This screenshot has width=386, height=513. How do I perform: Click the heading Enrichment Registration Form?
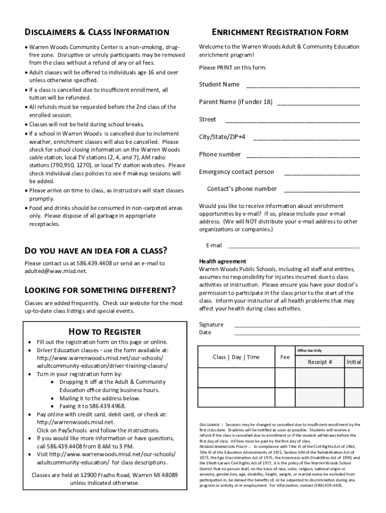tap(279, 33)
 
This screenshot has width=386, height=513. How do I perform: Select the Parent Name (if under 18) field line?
tap(318, 104)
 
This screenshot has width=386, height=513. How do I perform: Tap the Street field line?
tap(293, 121)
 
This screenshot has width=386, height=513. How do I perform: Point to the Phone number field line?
tap(302, 156)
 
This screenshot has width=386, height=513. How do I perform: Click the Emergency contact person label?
tap(236, 172)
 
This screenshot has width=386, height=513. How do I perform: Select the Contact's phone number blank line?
tap(322, 191)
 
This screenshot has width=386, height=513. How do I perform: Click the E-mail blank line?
tap(294, 247)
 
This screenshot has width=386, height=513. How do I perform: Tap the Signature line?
tap(297, 327)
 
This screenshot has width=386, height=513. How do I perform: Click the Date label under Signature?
tap(205, 332)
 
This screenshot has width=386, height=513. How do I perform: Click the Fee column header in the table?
tap(285, 357)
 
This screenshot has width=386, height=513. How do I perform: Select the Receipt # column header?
tap(320, 362)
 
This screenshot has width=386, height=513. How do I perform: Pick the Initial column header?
tap(353, 362)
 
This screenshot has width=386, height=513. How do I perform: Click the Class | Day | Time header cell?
tap(236, 357)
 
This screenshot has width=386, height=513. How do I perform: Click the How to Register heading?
tap(104, 332)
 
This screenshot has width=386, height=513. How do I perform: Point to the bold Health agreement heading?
tap(223, 261)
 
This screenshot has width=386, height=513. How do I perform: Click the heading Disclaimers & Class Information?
tap(97, 33)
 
